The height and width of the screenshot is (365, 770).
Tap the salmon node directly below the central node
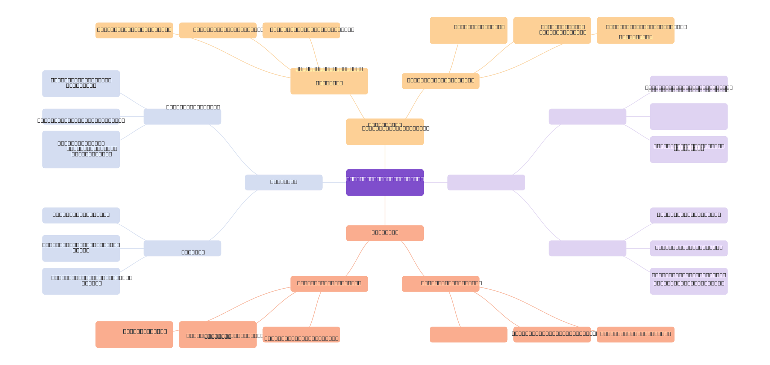tap(385, 233)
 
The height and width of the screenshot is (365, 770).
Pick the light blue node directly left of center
tap(283, 182)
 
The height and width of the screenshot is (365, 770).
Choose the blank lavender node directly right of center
tap(486, 182)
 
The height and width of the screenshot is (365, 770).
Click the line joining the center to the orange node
tap(385, 157)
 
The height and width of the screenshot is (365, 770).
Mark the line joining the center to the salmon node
tap(385, 210)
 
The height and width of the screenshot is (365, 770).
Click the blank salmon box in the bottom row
tap(468, 335)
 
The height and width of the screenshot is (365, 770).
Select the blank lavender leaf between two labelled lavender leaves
tap(688, 117)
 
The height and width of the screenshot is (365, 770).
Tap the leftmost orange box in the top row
tap(134, 30)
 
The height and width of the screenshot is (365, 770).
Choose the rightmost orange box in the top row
tap(635, 30)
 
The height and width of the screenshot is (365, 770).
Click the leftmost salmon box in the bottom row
tap(134, 334)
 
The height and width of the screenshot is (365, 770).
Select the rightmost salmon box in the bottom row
tap(635, 335)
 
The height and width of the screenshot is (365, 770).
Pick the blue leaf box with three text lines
tap(81, 149)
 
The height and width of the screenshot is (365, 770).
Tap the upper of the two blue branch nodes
tap(182, 117)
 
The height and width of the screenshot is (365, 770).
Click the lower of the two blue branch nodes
tap(182, 248)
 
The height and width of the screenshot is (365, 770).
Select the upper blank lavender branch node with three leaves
tap(587, 117)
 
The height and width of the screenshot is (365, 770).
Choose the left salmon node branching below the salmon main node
tap(329, 284)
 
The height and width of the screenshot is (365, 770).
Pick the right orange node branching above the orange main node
tap(440, 81)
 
